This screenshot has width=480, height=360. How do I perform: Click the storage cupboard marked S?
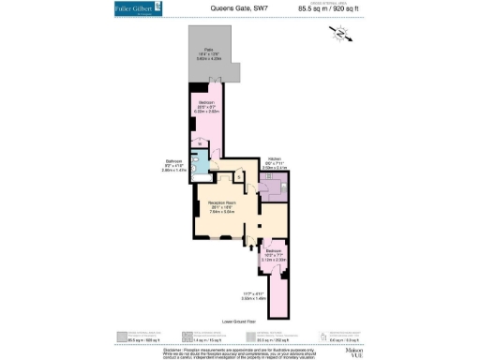pyautogui.click(x=238, y=174)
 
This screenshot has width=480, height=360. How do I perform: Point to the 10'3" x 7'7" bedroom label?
pyautogui.click(x=272, y=254)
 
